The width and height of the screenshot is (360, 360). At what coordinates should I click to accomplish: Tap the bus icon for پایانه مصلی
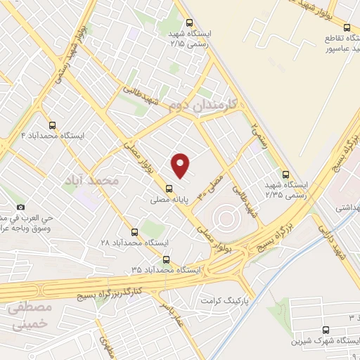point(169,188)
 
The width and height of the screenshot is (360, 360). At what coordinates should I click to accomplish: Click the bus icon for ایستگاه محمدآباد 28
point(134,232)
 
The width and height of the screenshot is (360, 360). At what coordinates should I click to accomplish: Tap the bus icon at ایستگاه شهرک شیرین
point(326,330)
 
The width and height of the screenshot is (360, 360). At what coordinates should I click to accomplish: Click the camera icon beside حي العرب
point(21,207)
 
